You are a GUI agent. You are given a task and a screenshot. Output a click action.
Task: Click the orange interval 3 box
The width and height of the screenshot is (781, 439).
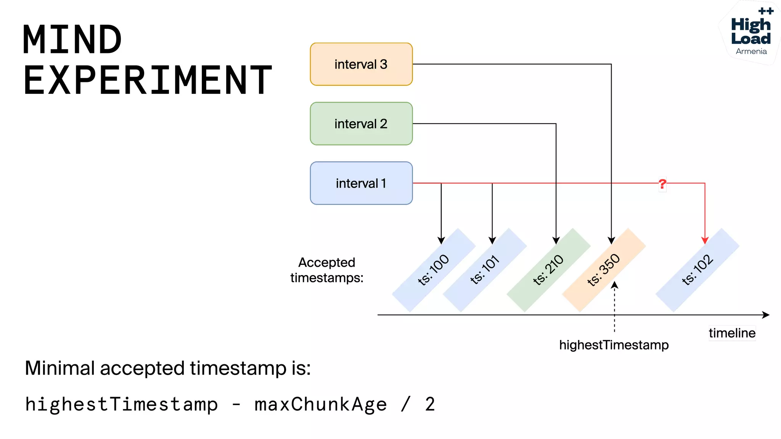click(x=361, y=64)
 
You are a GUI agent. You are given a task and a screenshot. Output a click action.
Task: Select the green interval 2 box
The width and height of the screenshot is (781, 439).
click(x=361, y=123)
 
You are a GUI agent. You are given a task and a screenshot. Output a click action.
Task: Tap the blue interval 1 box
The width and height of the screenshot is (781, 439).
click(x=361, y=183)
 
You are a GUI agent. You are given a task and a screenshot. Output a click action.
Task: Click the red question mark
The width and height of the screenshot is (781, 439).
click(x=662, y=184)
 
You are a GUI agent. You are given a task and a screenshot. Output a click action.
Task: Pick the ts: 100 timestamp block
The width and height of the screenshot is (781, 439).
click(x=434, y=270)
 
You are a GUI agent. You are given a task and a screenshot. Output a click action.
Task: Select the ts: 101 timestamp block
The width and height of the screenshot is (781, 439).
click(x=485, y=270)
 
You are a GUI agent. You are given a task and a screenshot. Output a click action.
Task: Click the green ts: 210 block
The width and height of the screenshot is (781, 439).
click(x=548, y=270)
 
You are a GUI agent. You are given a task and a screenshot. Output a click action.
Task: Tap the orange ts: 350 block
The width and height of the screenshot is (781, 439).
click(x=604, y=270)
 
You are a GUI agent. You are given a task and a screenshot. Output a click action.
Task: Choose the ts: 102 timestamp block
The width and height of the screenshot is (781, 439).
click(x=697, y=270)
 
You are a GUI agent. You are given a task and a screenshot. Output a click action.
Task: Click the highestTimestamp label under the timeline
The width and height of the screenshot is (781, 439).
click(x=614, y=345)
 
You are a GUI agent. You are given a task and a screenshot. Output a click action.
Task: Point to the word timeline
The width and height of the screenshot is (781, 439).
click(x=732, y=333)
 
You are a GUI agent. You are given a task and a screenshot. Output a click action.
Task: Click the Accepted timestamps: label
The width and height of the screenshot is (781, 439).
click(x=327, y=270)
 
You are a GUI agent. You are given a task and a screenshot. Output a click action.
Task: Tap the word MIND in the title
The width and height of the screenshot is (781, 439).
click(x=72, y=40)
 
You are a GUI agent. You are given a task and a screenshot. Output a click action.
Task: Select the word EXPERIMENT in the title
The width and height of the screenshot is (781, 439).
click(x=148, y=80)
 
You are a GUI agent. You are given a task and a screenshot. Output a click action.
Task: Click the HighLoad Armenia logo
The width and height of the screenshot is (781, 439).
click(x=750, y=33)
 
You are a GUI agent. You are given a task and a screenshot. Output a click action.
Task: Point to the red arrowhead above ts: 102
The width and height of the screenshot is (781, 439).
click(x=705, y=240)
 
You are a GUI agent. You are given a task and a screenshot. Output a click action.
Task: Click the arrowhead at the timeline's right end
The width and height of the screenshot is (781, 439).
click(x=766, y=315)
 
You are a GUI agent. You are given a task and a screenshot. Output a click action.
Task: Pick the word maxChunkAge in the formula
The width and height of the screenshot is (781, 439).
click(x=320, y=404)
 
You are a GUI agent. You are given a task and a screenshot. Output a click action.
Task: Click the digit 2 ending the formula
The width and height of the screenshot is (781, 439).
click(x=430, y=404)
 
